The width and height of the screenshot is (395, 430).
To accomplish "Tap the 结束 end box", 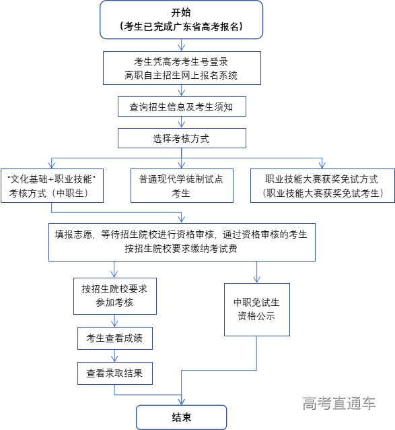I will (181, 417).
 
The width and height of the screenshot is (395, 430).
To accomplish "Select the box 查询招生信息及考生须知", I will (181, 106).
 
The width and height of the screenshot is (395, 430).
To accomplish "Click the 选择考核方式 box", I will (181, 139).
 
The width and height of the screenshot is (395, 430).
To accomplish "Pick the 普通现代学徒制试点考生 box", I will (182, 185).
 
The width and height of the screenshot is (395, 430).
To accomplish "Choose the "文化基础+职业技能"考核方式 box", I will (53, 185).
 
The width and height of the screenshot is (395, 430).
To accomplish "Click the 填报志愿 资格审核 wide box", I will (181, 241).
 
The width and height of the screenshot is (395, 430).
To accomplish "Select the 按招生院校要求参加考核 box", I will (114, 295).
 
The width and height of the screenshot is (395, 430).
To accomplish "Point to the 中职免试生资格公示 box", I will (257, 309).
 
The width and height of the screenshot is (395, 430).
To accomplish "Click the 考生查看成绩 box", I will (114, 337).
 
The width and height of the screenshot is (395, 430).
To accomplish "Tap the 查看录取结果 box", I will (114, 371).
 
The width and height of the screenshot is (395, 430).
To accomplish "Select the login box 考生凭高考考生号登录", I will (181, 68).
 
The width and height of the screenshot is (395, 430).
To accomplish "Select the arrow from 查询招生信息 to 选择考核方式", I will (181, 123).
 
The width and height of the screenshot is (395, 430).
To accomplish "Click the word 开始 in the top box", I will (181, 12).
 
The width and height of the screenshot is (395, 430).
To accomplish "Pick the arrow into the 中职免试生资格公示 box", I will (257, 273).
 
